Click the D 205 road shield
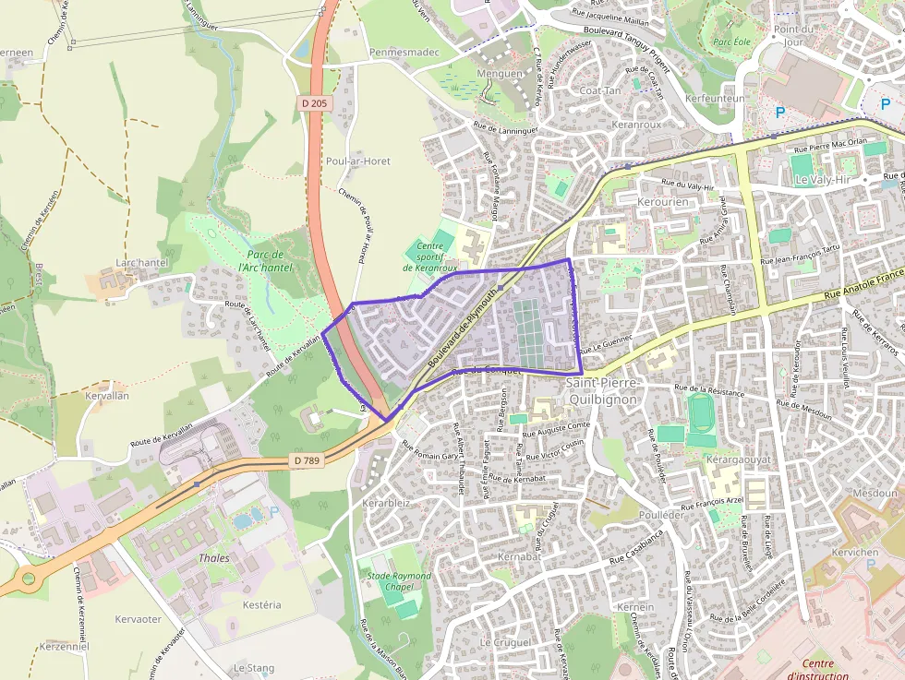(x=314, y=104)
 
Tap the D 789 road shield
(x=308, y=459)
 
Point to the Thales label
(x=214, y=558)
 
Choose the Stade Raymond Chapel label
(x=399, y=581)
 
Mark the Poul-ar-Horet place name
(x=358, y=161)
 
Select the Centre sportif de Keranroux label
(x=429, y=256)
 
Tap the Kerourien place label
(x=664, y=201)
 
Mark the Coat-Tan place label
(x=600, y=90)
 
